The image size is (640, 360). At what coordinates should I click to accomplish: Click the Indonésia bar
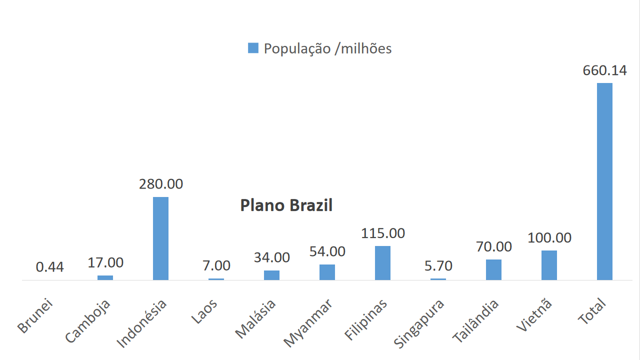[x=160, y=238]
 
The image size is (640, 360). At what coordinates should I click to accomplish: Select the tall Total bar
[x=604, y=181]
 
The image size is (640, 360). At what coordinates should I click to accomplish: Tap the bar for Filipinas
[x=382, y=263]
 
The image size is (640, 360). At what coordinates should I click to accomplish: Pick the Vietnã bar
[x=549, y=265]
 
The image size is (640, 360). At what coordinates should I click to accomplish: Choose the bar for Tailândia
[x=493, y=269]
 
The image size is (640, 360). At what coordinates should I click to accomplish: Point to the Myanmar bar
[x=327, y=272]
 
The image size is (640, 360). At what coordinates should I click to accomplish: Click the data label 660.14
[x=604, y=70]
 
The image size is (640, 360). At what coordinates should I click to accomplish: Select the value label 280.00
[x=161, y=184]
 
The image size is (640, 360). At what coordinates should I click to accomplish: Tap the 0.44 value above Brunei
[x=50, y=267]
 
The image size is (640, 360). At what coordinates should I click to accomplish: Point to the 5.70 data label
[x=438, y=265]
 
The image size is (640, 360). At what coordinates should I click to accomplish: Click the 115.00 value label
[x=383, y=233]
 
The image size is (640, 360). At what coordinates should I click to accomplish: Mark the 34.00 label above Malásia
[x=272, y=257]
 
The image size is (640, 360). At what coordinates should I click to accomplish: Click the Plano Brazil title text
[x=286, y=205]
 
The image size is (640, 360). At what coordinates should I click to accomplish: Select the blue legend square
[x=253, y=48]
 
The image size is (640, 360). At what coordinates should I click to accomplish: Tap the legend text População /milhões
[x=327, y=48]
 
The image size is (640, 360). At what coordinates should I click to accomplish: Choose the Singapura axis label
[x=419, y=323]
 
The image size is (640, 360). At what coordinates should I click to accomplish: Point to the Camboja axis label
[x=88, y=321]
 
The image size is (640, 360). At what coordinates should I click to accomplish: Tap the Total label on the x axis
[x=592, y=311]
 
